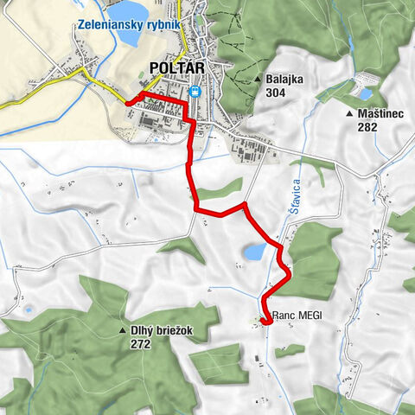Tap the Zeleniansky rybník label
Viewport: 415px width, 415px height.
[x=127, y=24]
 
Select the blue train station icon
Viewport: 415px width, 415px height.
[x=195, y=93]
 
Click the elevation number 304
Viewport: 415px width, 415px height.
[x=276, y=93]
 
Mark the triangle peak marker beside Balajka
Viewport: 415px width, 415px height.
[x=259, y=80]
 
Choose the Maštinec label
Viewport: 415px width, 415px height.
[x=376, y=113]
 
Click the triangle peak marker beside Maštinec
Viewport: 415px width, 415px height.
[x=348, y=114]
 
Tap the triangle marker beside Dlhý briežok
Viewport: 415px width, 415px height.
[x=123, y=331]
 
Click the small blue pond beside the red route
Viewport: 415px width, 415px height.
[x=255, y=252]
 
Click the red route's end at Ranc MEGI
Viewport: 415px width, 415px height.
[x=264, y=321]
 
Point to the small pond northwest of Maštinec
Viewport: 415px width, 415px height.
[x=365, y=93]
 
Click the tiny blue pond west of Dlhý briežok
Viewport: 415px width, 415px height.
[x=29, y=309]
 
